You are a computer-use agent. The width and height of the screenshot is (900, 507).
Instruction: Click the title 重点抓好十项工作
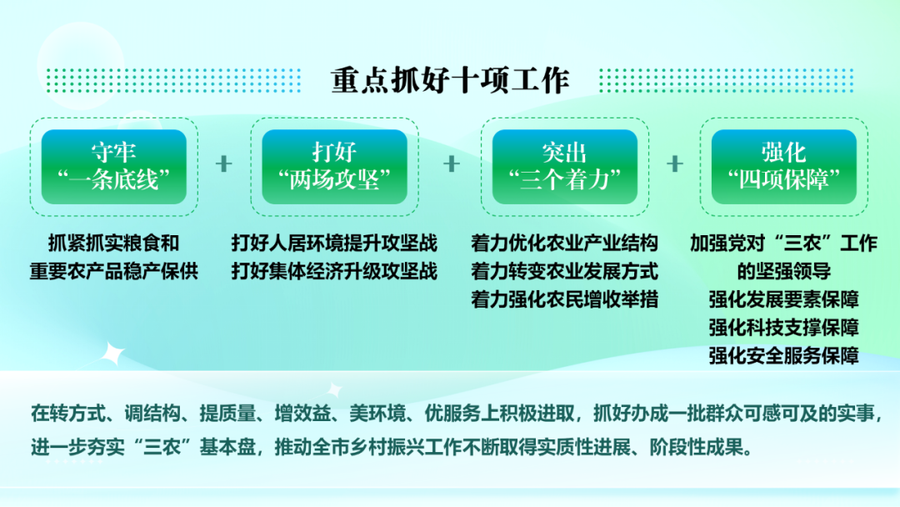pyautogui.click(x=450, y=80)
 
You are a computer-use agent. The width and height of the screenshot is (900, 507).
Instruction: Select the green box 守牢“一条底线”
pyautogui.click(x=113, y=167)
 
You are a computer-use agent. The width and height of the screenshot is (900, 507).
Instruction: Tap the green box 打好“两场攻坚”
pyautogui.click(x=334, y=167)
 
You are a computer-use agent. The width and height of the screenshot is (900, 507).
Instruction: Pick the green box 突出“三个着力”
pyautogui.click(x=565, y=167)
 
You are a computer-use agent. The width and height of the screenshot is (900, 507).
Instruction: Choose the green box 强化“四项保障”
pyautogui.click(x=784, y=167)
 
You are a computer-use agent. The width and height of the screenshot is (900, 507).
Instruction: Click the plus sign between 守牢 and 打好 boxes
pyautogui.click(x=224, y=164)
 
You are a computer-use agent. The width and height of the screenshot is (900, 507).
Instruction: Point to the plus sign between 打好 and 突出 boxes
pyautogui.click(x=452, y=164)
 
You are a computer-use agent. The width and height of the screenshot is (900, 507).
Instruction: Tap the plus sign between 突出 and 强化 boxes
pyautogui.click(x=675, y=164)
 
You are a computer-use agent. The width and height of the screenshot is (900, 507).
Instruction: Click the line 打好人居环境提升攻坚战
pyautogui.click(x=334, y=243)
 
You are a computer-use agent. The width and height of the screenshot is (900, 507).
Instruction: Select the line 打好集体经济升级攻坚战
pyautogui.click(x=334, y=271)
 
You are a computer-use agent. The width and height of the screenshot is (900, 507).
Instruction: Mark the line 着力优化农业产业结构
pyautogui.click(x=565, y=243)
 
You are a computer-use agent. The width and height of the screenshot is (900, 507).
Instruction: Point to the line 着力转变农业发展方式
pyautogui.click(x=565, y=271)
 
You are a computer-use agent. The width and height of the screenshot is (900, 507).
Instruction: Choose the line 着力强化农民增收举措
pyautogui.click(x=565, y=299)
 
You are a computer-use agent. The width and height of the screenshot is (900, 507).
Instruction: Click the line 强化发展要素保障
pyautogui.click(x=784, y=299)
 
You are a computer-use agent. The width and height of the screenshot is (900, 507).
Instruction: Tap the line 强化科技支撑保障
pyautogui.click(x=784, y=327)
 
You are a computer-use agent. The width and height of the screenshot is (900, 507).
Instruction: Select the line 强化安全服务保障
pyautogui.click(x=784, y=355)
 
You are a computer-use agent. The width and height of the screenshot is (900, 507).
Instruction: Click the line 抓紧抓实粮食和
pyautogui.click(x=113, y=243)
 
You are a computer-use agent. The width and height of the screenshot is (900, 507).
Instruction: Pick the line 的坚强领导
pyautogui.click(x=784, y=271)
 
